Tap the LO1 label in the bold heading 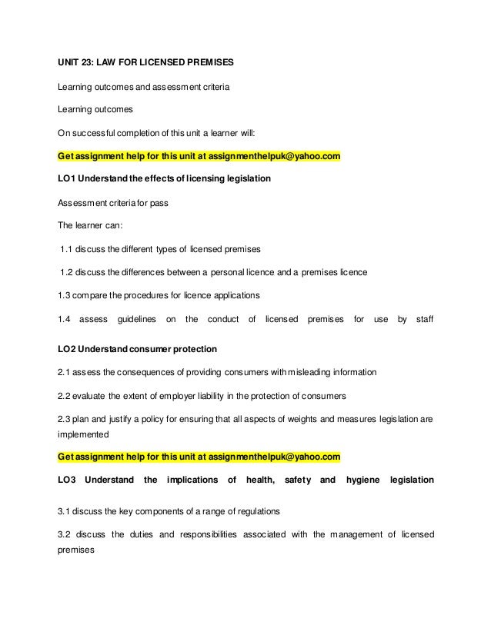pos(67,179)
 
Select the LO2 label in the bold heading pos(67,348)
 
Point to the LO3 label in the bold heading pos(67,480)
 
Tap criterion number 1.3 pos(65,295)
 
